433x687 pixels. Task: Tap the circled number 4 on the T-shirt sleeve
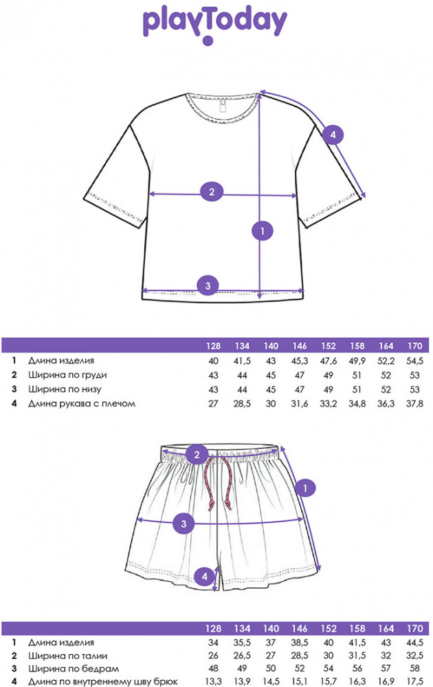tap(333, 135)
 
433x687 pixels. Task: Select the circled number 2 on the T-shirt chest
tap(212, 192)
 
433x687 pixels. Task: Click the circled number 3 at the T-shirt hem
tap(208, 285)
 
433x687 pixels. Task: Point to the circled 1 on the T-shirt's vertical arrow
tap(261, 231)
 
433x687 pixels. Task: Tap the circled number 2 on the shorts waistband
tap(197, 454)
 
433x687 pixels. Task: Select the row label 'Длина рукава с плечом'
tap(81, 404)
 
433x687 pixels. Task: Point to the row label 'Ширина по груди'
tap(67, 375)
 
